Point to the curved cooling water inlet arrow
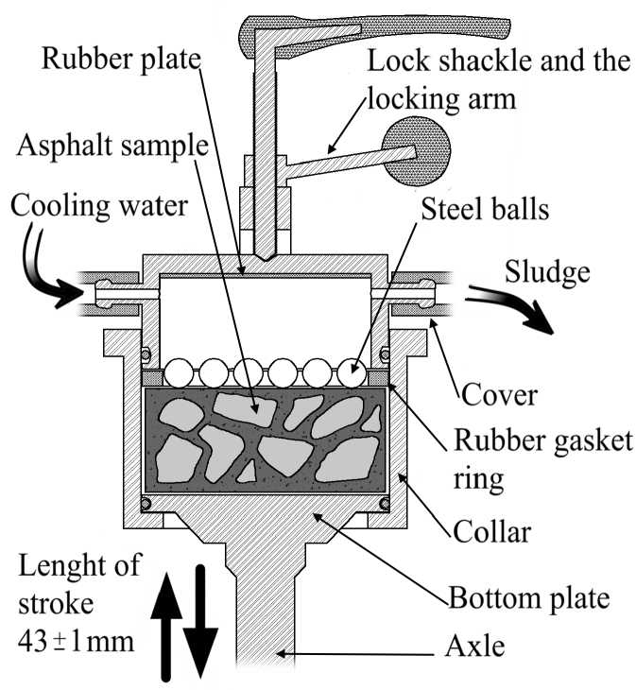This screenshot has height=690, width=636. tap(53, 279)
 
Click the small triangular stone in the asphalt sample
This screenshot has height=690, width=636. tap(248, 469)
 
